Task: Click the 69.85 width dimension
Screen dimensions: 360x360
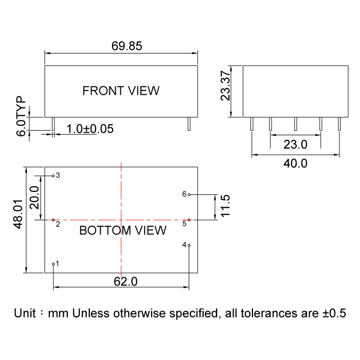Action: pyautogui.click(x=127, y=46)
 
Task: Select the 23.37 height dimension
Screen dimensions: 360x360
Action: pyautogui.click(x=225, y=86)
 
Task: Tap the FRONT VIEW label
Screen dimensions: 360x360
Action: pyautogui.click(x=121, y=91)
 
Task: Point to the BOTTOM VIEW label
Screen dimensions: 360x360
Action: pyautogui.click(x=123, y=230)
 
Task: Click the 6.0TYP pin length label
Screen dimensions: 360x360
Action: pyautogui.click(x=21, y=116)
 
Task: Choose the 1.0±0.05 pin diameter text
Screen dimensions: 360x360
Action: pyautogui.click(x=90, y=129)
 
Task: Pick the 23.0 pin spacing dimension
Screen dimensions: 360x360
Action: pyautogui.click(x=295, y=145)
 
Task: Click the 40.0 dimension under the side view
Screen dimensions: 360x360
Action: pyautogui.click(x=295, y=164)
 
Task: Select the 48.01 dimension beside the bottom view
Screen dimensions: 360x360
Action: pyautogui.click(x=18, y=214)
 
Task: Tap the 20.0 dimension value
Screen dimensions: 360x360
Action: pyautogui.click(x=34, y=197)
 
